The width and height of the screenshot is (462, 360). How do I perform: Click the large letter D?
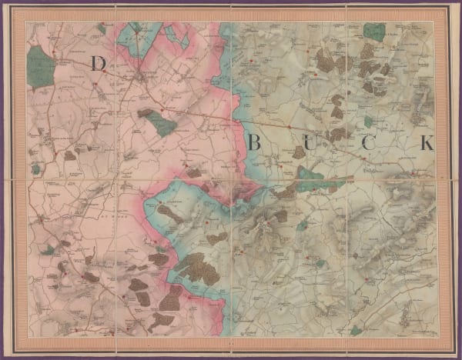[98, 64]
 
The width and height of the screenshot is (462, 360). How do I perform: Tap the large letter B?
[256, 142]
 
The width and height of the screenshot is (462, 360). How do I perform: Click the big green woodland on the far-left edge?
[41, 67]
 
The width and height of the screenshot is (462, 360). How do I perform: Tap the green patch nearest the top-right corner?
[374, 32]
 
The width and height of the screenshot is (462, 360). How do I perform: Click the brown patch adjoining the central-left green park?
[146, 113]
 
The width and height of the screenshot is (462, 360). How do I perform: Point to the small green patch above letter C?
[369, 122]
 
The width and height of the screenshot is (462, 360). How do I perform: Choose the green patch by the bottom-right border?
[355, 329]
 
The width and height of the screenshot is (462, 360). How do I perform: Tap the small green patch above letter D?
[102, 28]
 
